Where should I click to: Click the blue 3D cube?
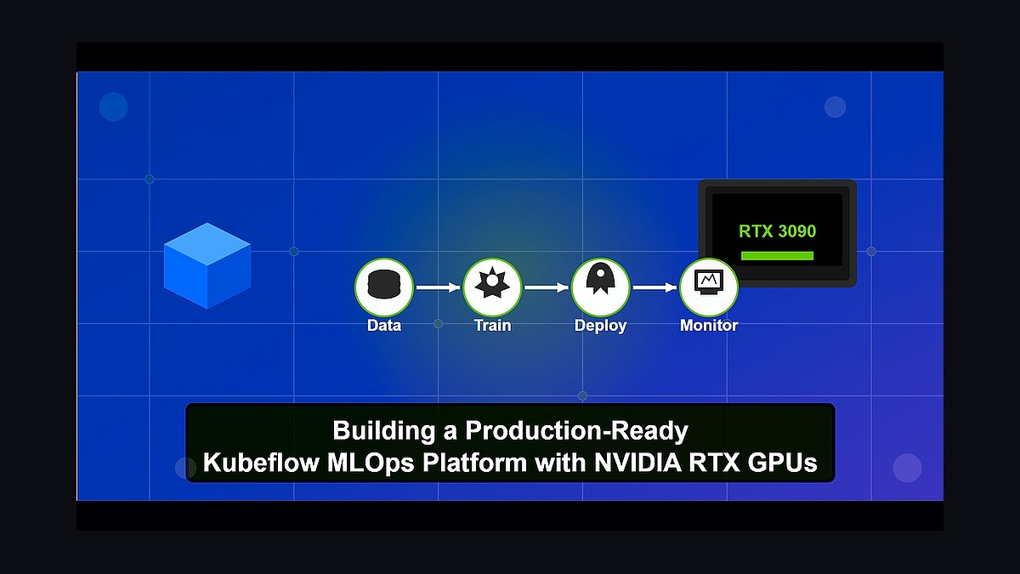pyautogui.click(x=207, y=266)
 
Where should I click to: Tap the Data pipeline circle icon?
pyautogui.click(x=384, y=287)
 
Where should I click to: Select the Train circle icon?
pyautogui.click(x=492, y=287)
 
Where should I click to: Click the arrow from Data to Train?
pyautogui.click(x=438, y=287)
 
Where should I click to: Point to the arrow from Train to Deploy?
pyautogui.click(x=547, y=287)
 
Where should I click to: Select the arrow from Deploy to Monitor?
pyautogui.click(x=654, y=287)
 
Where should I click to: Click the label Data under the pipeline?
pyautogui.click(x=384, y=325)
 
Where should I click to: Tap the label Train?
pyautogui.click(x=492, y=325)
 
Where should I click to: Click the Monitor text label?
pyautogui.click(x=709, y=325)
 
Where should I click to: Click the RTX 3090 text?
pyautogui.click(x=777, y=231)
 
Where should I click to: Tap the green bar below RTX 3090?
pyautogui.click(x=777, y=256)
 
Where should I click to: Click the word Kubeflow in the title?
pyautogui.click(x=262, y=463)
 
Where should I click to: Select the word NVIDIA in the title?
pyautogui.click(x=638, y=463)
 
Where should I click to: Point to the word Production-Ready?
pyautogui.click(x=576, y=431)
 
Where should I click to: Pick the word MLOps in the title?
pyautogui.click(x=371, y=463)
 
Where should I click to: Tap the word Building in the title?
pyautogui.click(x=384, y=431)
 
